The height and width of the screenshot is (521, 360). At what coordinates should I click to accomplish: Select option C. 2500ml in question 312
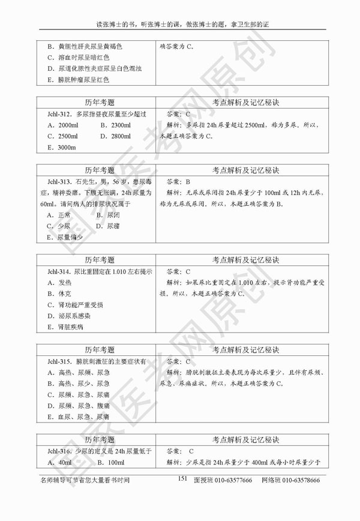click(x=62, y=136)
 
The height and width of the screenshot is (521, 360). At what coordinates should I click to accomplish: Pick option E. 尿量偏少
click(x=65, y=237)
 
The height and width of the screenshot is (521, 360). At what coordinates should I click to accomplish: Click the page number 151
click(x=183, y=478)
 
